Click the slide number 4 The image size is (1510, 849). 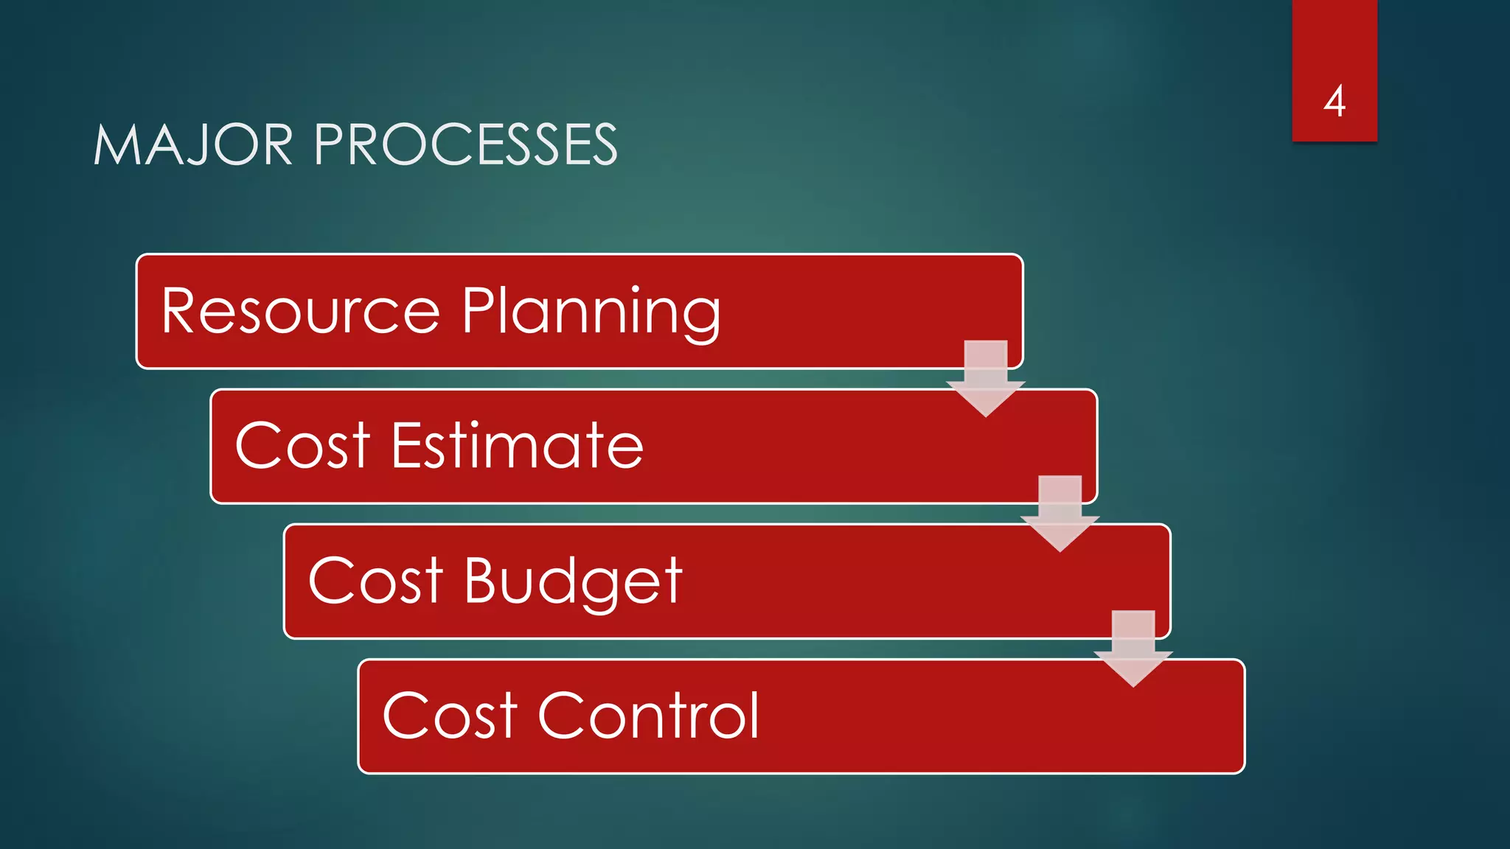[1335, 101]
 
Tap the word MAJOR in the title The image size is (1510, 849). [194, 144]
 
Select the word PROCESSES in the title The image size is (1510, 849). [466, 144]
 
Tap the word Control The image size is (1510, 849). [649, 716]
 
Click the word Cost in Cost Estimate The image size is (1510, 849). [302, 446]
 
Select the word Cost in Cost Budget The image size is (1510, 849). [375, 581]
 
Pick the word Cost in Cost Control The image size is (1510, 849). [450, 716]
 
